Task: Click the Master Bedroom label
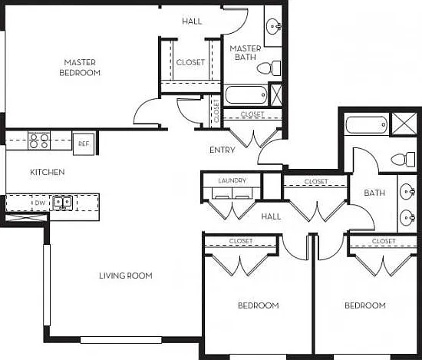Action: (x=80, y=68)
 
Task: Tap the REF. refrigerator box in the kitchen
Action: (x=84, y=144)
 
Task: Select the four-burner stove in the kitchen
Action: (x=39, y=140)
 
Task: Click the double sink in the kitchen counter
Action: (x=63, y=203)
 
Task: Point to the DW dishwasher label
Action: (x=41, y=203)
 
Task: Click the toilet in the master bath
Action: (x=269, y=68)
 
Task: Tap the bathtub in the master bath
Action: (x=246, y=94)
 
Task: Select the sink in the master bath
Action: (x=274, y=26)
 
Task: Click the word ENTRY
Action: (x=223, y=150)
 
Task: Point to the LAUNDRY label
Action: (x=232, y=180)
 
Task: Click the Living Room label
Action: (x=126, y=276)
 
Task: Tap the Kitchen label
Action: (x=48, y=172)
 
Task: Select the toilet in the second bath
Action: (x=403, y=160)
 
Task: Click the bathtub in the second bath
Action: (x=367, y=124)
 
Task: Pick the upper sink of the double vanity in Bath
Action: (x=407, y=192)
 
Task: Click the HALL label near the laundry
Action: (x=271, y=216)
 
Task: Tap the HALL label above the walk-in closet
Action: (x=192, y=21)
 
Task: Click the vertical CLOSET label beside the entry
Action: (x=216, y=111)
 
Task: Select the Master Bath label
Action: (x=246, y=52)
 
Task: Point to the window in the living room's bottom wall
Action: (x=121, y=340)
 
